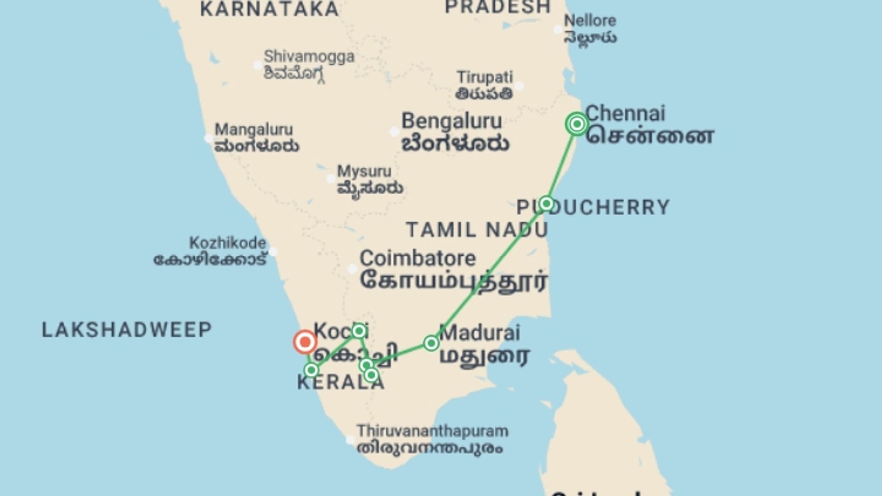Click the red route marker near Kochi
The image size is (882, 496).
coord(305,342)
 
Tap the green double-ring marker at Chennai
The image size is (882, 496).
coord(577,124)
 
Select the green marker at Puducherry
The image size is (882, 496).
coord(546,203)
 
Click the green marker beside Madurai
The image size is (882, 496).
coord(431,343)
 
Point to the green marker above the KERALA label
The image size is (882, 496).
coord(311,370)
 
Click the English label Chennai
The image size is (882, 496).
coord(625,113)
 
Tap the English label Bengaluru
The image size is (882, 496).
coord(452,121)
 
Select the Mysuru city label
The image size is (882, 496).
coord(364,171)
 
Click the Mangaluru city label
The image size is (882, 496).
coord(254,130)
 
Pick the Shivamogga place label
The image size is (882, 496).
coord(309,56)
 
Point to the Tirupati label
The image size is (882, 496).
coord(485,77)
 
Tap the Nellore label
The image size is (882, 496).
coord(590,21)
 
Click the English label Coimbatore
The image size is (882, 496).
coord(418,259)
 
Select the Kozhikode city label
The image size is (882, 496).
coord(227,243)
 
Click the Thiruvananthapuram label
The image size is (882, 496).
coord(432,431)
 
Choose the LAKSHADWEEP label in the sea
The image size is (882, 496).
coord(127,330)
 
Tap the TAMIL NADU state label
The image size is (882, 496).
coord(477,230)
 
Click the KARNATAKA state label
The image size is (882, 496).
coord(270,9)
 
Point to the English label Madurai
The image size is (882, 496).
coord(480,333)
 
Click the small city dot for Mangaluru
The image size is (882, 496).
coord(208,138)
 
